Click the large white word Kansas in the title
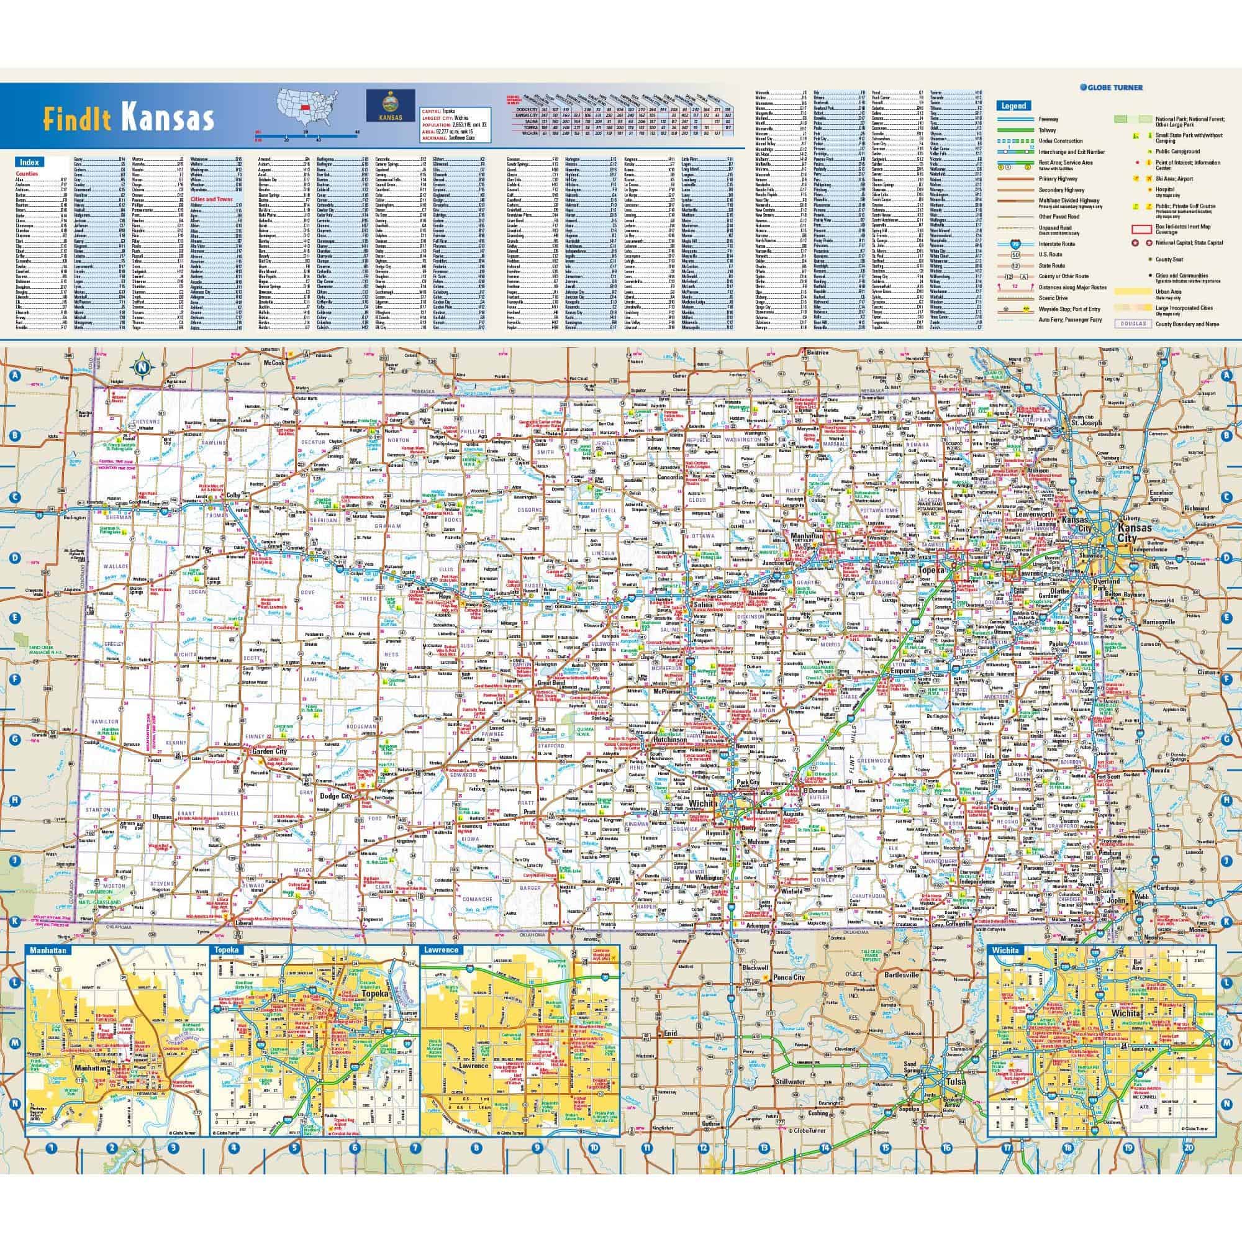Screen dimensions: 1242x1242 click(167, 119)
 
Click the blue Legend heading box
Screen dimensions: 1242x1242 click(1014, 106)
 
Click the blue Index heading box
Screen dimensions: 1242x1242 click(30, 163)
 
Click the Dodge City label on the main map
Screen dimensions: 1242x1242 click(335, 796)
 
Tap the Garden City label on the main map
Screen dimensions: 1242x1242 click(270, 751)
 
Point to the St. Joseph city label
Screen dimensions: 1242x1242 click(1086, 423)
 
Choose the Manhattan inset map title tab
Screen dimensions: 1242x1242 click(48, 950)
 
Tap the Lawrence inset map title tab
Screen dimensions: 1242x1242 click(442, 950)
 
